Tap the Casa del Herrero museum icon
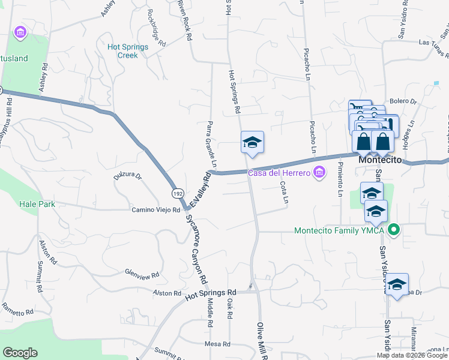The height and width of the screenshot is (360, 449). pyautogui.click(x=319, y=173)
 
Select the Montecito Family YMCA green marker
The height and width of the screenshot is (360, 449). pyautogui.click(x=394, y=230)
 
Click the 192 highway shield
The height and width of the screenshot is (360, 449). pyautogui.click(x=177, y=193)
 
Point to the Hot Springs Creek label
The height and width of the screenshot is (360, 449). pyautogui.click(x=122, y=51)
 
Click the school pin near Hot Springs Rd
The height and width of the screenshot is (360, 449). pyautogui.click(x=252, y=143)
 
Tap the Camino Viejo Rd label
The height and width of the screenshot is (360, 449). pyautogui.click(x=156, y=210)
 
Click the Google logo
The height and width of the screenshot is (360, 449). pyautogui.click(x=20, y=353)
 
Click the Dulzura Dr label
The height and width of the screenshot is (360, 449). pyautogui.click(x=127, y=176)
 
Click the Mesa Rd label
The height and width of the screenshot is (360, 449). pyautogui.click(x=217, y=344)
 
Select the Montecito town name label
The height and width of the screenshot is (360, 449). pyautogui.click(x=379, y=161)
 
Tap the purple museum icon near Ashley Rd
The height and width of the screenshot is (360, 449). pyautogui.click(x=20, y=32)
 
